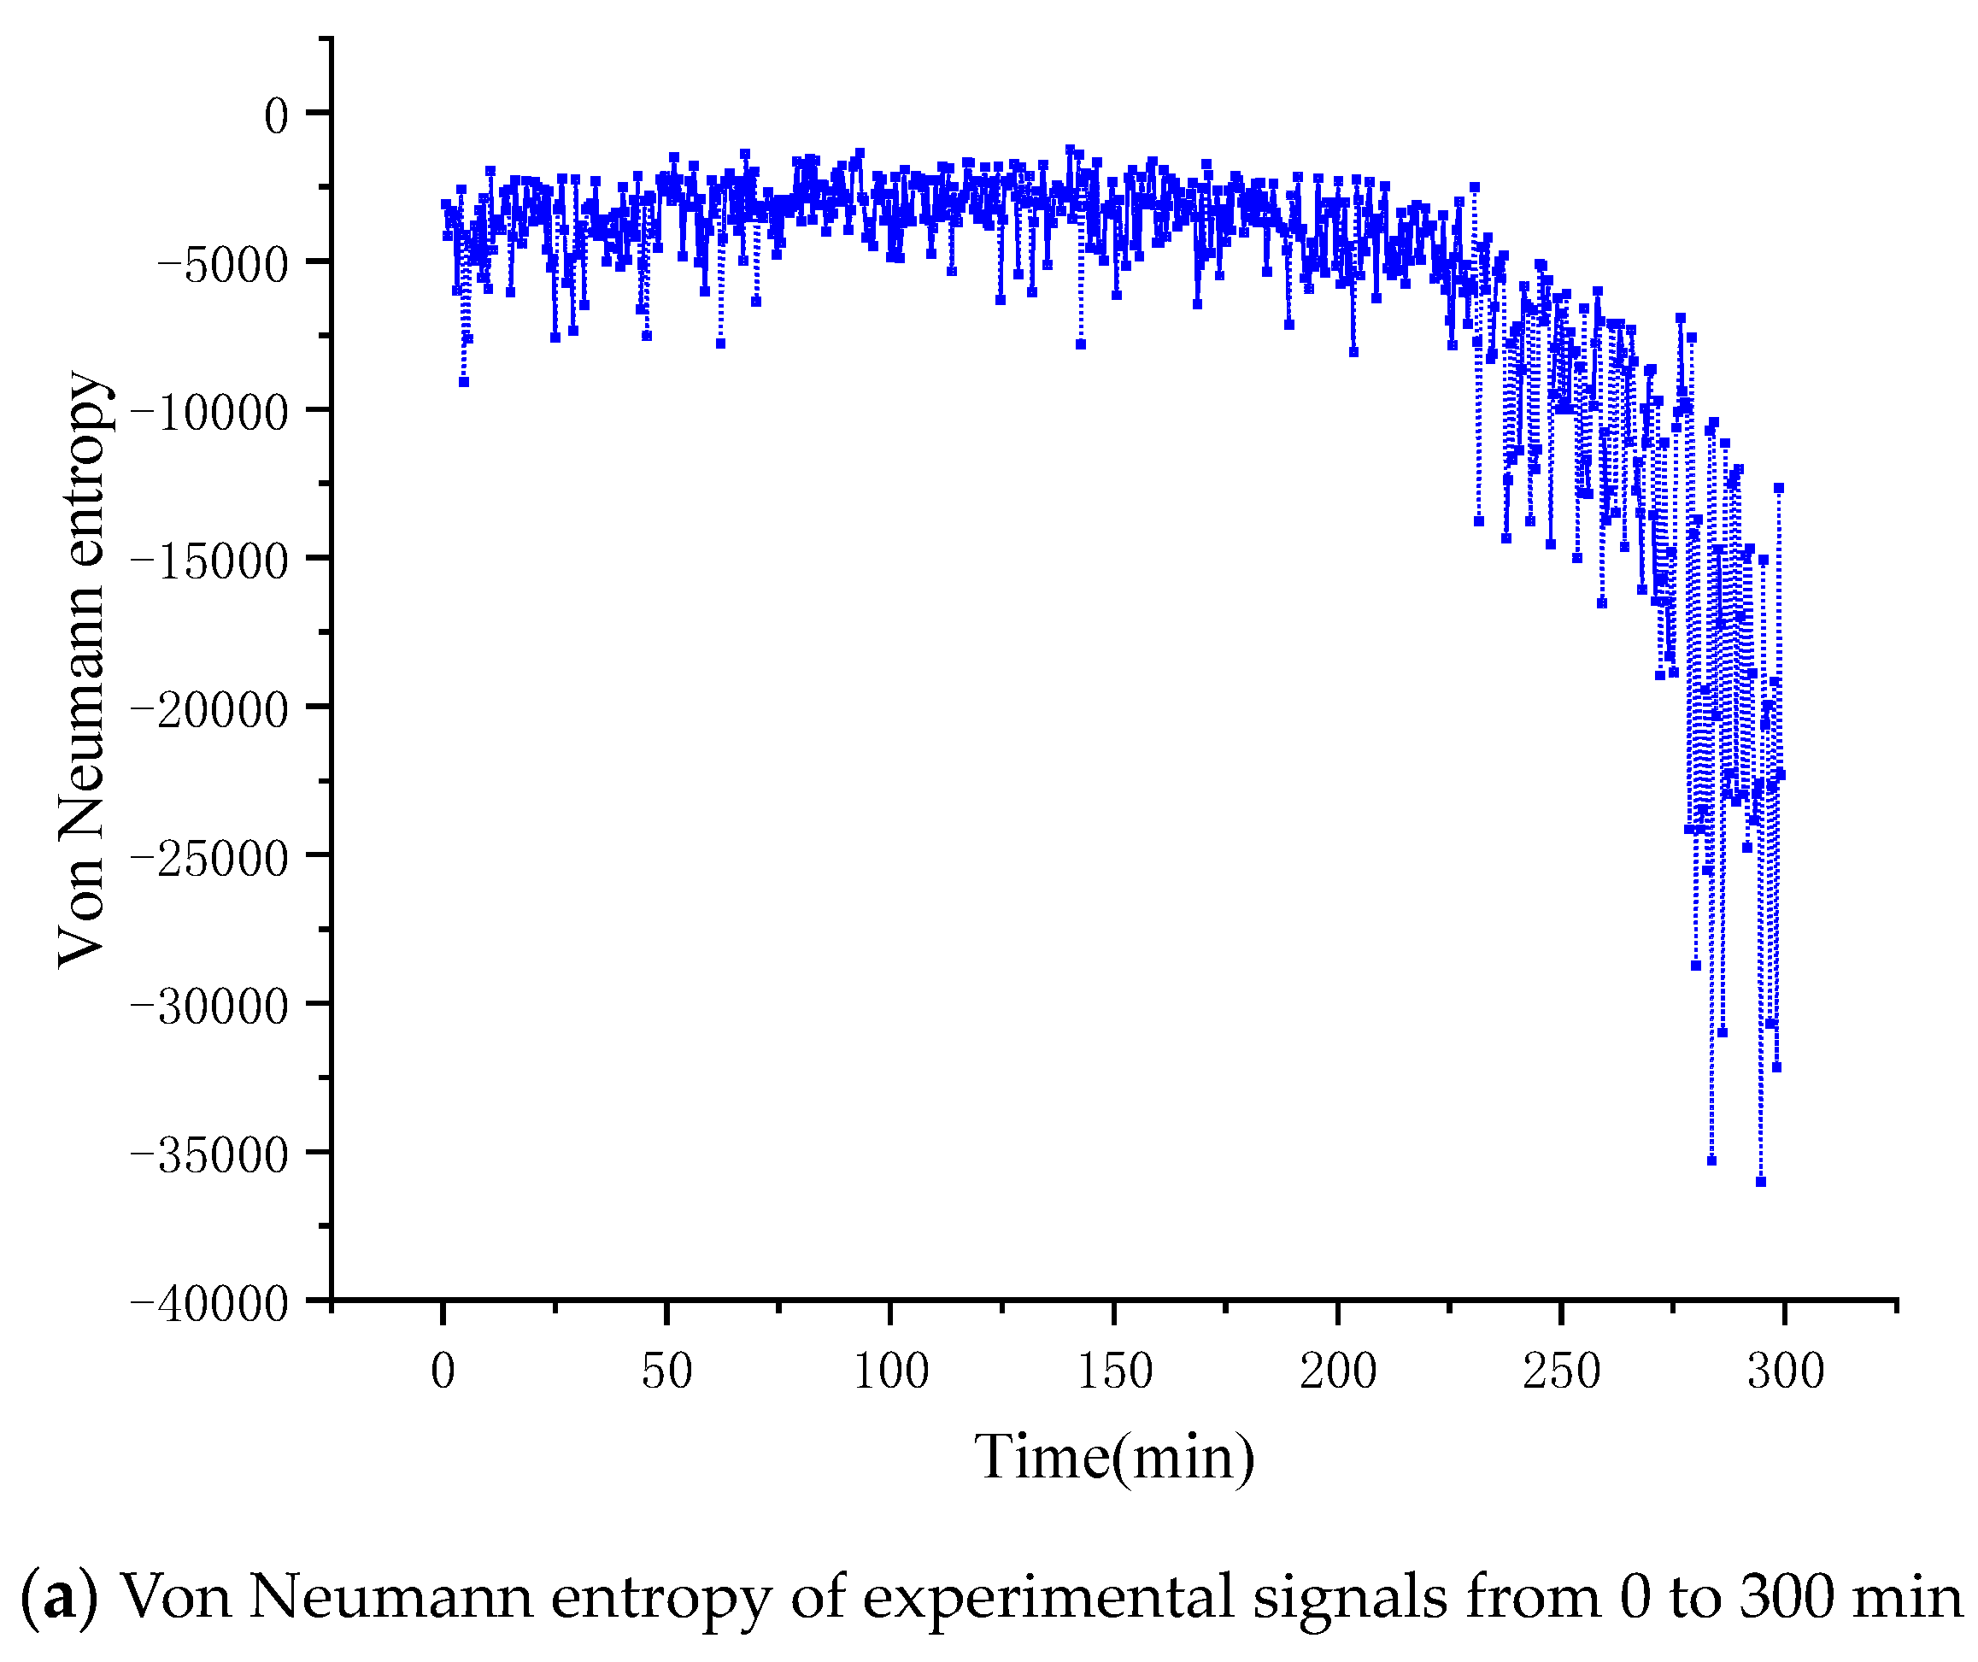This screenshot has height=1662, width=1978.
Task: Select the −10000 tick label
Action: coord(210,414)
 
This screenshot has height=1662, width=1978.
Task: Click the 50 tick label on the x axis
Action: coord(666,1371)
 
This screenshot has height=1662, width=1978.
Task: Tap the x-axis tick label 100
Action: coord(890,1371)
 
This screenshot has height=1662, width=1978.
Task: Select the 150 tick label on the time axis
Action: coord(1114,1371)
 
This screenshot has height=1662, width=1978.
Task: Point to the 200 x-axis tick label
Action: coord(1337,1371)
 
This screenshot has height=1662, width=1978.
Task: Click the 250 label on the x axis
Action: coord(1562,1371)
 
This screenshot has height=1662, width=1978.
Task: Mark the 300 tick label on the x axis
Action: coord(1786,1371)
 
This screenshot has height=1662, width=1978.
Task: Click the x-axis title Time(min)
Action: coord(1114,1459)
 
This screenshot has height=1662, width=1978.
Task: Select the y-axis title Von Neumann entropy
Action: coord(83,669)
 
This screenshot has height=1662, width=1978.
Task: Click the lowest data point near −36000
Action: coord(1760,1182)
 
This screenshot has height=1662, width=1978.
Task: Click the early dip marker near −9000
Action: coord(463,383)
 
